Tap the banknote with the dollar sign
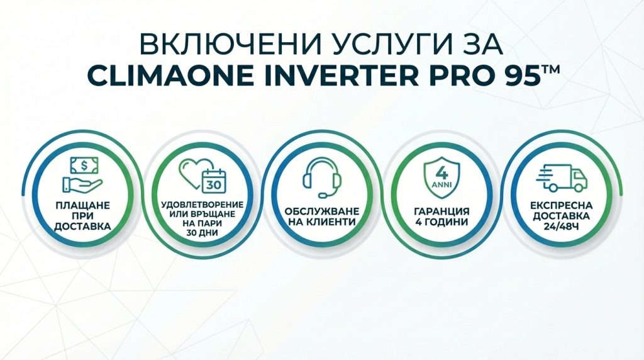[84, 165]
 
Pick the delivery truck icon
[562, 178]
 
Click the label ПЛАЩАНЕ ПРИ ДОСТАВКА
[82, 215]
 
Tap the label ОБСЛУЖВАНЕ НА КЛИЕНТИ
[322, 217]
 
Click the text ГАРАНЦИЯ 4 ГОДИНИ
[441, 217]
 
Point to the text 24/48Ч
[561, 227]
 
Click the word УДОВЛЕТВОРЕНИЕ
[202, 205]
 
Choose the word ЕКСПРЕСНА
[562, 205]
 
